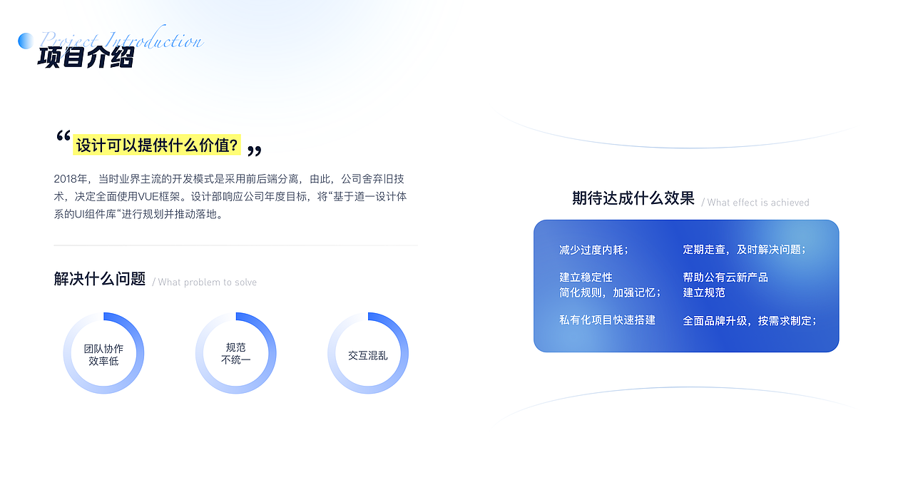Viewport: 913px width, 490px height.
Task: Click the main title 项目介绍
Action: pyautogui.click(x=86, y=57)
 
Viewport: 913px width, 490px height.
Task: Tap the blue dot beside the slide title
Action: pyautogui.click(x=26, y=41)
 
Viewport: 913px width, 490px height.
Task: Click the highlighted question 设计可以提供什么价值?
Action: pyautogui.click(x=157, y=145)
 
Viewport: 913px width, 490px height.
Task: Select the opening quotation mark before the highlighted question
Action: pyautogui.click(x=63, y=138)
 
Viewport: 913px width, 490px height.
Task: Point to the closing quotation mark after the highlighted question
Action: pyautogui.click(x=254, y=150)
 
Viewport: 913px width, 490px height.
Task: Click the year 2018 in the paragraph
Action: pyautogui.click(x=65, y=178)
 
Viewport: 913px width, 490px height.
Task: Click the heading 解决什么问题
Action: pyautogui.click(x=100, y=279)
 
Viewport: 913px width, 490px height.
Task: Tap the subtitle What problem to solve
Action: pyautogui.click(x=205, y=282)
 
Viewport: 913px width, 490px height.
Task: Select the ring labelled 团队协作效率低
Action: pyautogui.click(x=103, y=354)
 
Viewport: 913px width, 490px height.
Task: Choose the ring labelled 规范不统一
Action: pyautogui.click(x=235, y=354)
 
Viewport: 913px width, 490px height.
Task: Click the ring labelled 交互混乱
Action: pyautogui.click(x=368, y=354)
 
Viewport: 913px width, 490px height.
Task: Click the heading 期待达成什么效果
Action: pyautogui.click(x=633, y=198)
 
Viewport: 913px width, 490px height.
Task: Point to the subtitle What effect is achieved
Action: pyautogui.click(x=756, y=203)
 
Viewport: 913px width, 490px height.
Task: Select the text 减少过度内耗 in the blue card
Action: pyautogui.click(x=593, y=250)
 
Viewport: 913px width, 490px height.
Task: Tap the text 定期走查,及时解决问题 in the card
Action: pyautogui.click(x=744, y=250)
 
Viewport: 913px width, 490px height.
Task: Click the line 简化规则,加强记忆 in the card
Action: pyautogui.click(x=610, y=292)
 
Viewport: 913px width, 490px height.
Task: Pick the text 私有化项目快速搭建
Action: pyautogui.click(x=607, y=320)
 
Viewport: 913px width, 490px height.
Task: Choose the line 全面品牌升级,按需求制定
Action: pyautogui.click(x=749, y=320)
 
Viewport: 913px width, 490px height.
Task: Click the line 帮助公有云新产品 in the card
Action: pyautogui.click(x=725, y=277)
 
